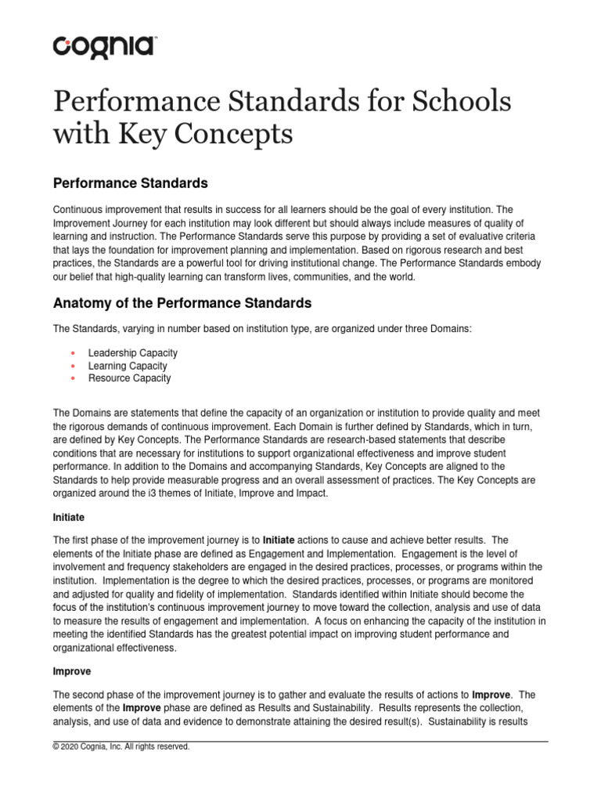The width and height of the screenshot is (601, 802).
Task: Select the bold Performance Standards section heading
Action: (x=130, y=183)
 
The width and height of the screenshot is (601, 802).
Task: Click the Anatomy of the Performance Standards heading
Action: (x=182, y=302)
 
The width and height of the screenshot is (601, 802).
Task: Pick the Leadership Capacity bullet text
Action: (x=133, y=353)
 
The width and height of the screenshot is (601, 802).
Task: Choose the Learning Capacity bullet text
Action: (x=128, y=366)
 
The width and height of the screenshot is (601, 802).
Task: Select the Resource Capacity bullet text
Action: (x=129, y=378)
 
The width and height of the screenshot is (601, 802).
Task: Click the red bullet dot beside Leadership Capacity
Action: (x=72, y=354)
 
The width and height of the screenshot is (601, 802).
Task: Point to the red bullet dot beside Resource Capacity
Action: (x=72, y=379)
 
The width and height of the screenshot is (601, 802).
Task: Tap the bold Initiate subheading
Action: (x=68, y=518)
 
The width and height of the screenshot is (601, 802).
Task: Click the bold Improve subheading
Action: (x=72, y=671)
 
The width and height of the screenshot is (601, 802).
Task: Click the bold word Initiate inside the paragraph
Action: (x=279, y=540)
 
